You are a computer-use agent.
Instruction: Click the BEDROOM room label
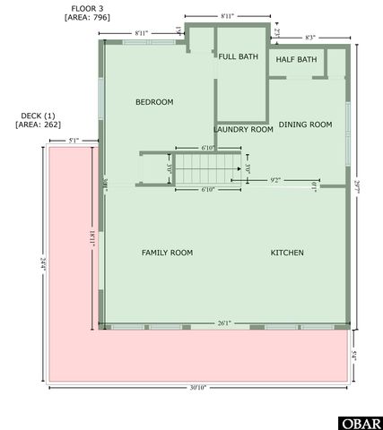click(x=154, y=102)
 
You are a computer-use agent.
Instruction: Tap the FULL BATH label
click(x=238, y=56)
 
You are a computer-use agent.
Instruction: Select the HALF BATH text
click(x=296, y=60)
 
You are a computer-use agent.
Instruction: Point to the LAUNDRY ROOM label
click(x=244, y=129)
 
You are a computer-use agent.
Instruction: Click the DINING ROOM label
click(x=305, y=125)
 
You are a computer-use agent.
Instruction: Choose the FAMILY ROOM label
click(x=167, y=253)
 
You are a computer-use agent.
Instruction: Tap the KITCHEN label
click(x=287, y=253)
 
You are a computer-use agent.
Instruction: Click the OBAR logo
click(x=359, y=422)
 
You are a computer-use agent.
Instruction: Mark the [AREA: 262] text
click(x=37, y=125)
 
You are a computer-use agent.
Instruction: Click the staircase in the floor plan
click(x=208, y=168)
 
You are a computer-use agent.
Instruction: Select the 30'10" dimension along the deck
click(x=197, y=388)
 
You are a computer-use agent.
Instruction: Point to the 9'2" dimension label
click(x=275, y=180)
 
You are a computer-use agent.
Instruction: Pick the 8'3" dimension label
click(x=309, y=38)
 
